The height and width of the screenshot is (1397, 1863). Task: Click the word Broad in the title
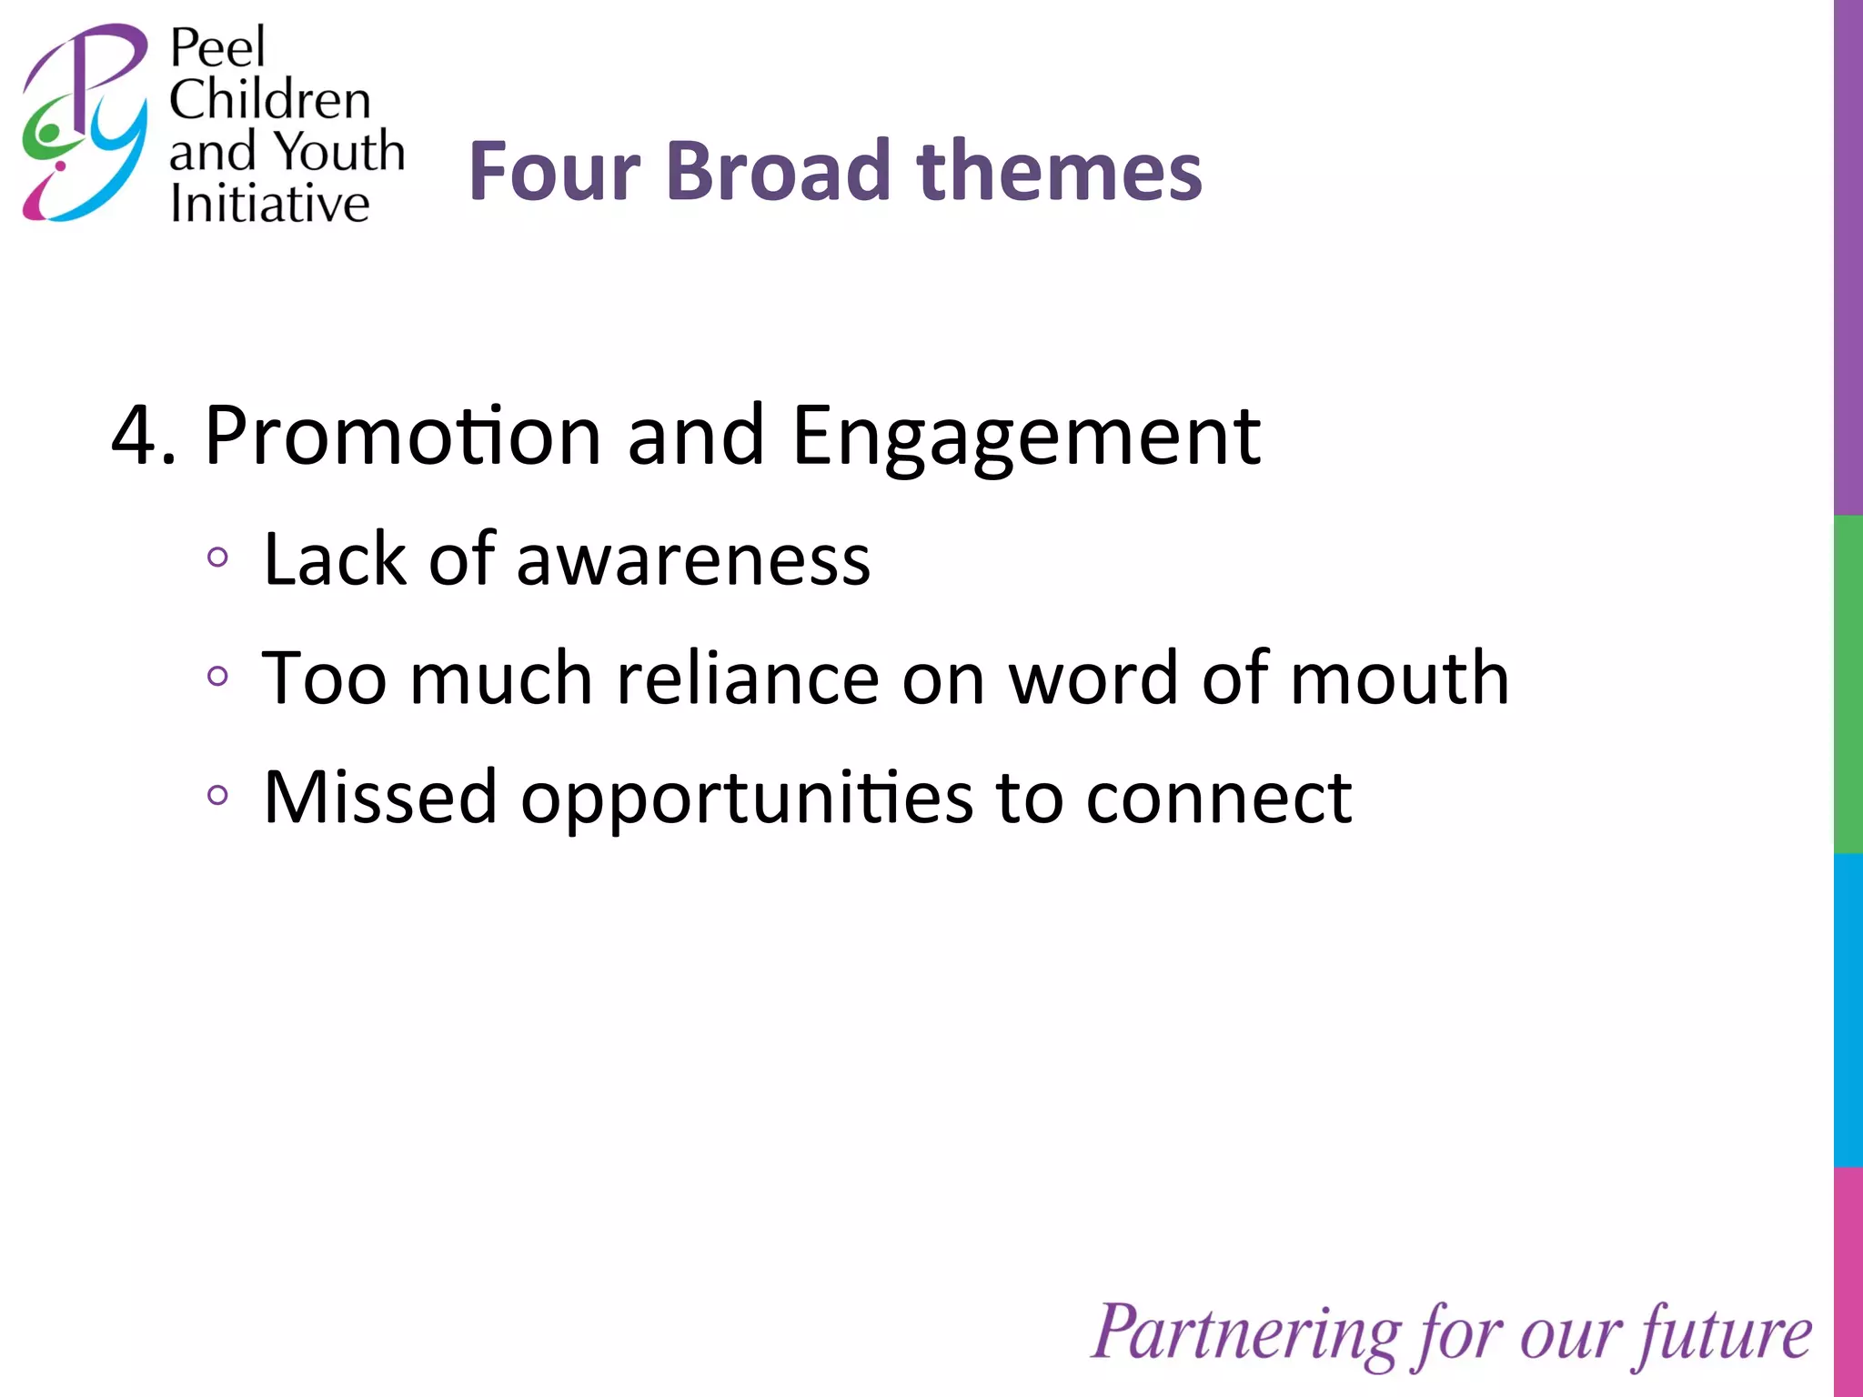pos(779,171)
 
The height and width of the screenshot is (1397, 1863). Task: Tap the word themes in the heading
pos(1060,171)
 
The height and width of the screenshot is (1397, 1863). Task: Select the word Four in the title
pos(555,171)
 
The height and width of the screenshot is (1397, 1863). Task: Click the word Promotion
pos(402,437)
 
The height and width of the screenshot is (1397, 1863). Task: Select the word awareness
pos(693,559)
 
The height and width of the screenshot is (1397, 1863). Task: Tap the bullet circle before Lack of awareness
pos(217,557)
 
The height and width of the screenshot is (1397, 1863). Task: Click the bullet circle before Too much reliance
pos(217,676)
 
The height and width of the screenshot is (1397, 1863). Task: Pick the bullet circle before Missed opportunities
pos(217,795)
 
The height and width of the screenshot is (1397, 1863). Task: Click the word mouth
pos(1399,678)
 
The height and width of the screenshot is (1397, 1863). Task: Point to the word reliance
pos(748,678)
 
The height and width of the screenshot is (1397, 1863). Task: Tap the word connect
pos(1219,799)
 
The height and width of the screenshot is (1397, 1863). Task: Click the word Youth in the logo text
pos(339,151)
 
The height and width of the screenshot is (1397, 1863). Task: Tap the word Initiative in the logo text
pos(270,203)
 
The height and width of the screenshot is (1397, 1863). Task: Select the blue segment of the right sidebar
pos(1848,1010)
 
